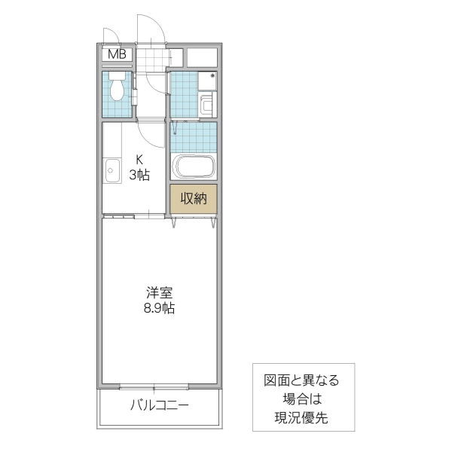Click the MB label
(x=117, y=54)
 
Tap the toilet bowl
(x=118, y=90)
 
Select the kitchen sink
(x=111, y=172)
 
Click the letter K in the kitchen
(x=139, y=160)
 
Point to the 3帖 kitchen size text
(x=139, y=176)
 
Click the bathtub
(x=194, y=166)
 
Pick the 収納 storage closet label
(x=194, y=200)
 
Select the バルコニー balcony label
(x=160, y=405)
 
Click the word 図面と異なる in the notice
(x=301, y=380)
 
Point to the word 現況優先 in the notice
(x=301, y=416)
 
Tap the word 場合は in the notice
(x=301, y=399)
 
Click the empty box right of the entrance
(x=201, y=56)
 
